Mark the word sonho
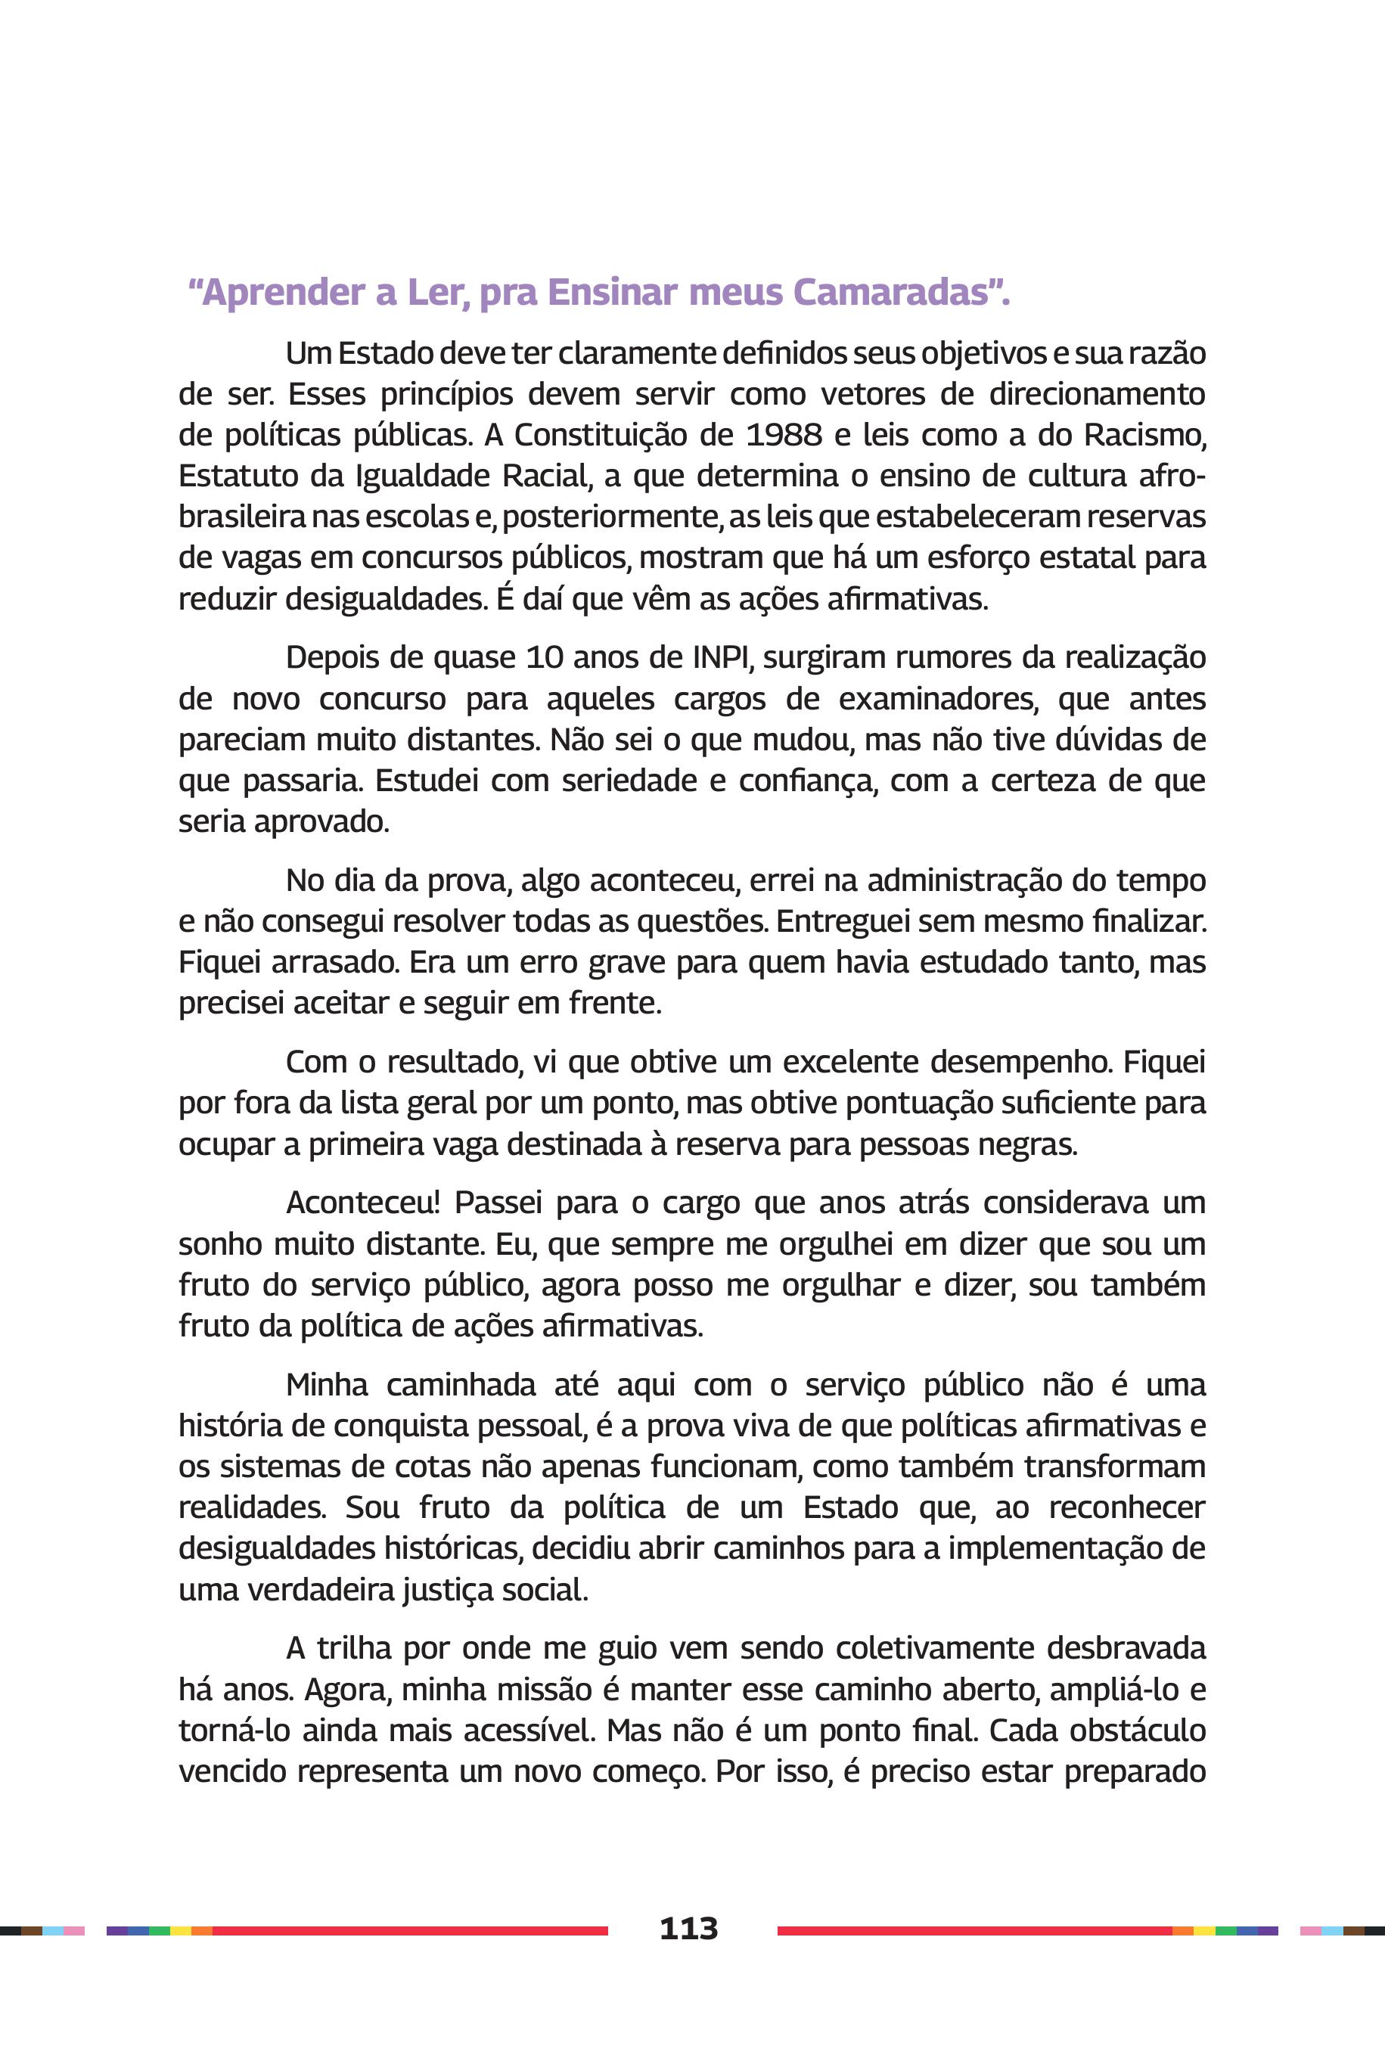point(221,1244)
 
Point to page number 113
point(689,1929)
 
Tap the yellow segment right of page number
point(1204,1930)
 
